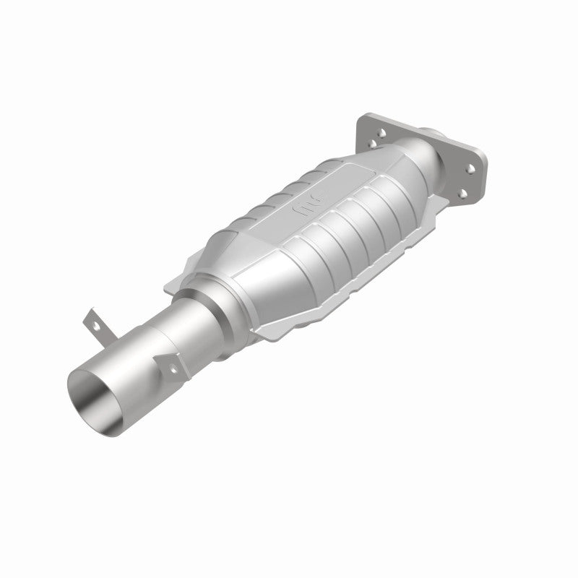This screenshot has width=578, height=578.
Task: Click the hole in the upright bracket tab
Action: [x=91, y=319]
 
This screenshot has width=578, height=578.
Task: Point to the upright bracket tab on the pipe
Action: [x=92, y=322]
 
